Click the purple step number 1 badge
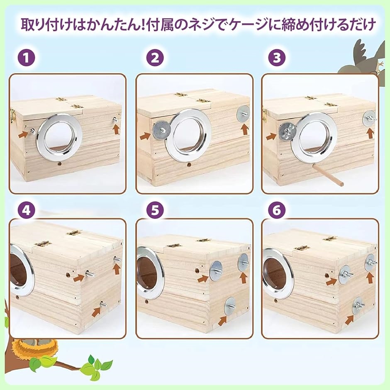[x=26, y=58]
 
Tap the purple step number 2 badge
[x=155, y=58]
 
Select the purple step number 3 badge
[x=277, y=58]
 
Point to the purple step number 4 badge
[x=26, y=210]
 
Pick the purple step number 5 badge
[x=155, y=210]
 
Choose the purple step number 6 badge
[x=277, y=210]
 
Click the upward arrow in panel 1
[x=116, y=129]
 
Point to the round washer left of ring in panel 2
[x=162, y=130]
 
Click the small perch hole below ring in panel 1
[x=59, y=164]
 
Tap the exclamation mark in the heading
[x=143, y=25]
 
